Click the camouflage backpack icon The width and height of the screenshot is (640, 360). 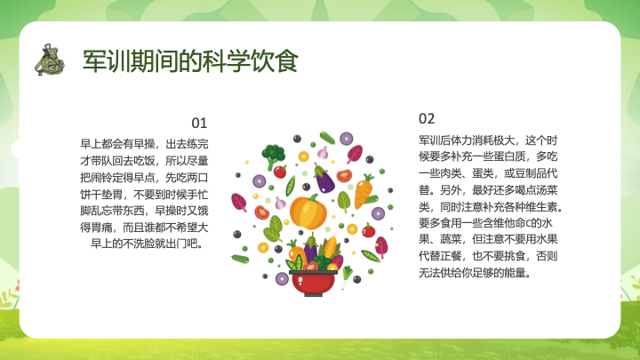click(x=50, y=60)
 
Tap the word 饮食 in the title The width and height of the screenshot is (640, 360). click(x=275, y=61)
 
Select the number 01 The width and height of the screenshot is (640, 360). click(x=199, y=123)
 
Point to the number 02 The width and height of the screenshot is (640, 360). click(x=427, y=119)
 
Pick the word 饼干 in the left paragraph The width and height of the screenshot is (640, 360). click(x=91, y=195)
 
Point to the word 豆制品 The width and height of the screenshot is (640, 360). click(x=531, y=173)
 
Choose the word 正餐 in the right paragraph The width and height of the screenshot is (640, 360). click(x=451, y=256)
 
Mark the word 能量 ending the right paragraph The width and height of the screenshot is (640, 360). click(x=515, y=273)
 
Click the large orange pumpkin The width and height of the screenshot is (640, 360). click(x=308, y=212)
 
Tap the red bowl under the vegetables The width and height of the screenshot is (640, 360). click(x=313, y=284)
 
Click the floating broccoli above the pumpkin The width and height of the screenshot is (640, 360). click(x=273, y=156)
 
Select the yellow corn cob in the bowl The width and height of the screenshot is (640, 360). click(x=331, y=247)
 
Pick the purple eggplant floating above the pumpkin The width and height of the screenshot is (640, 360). click(x=324, y=178)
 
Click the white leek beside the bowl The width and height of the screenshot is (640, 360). click(x=347, y=276)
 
